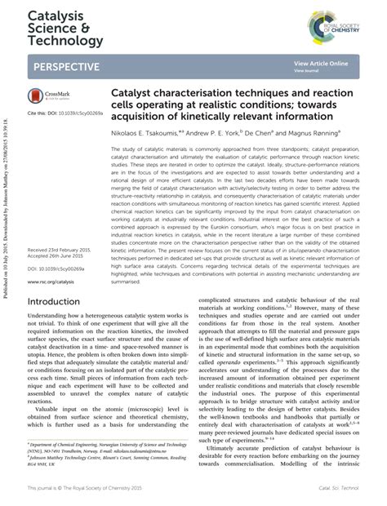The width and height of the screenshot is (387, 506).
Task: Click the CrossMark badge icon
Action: click(51, 95)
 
